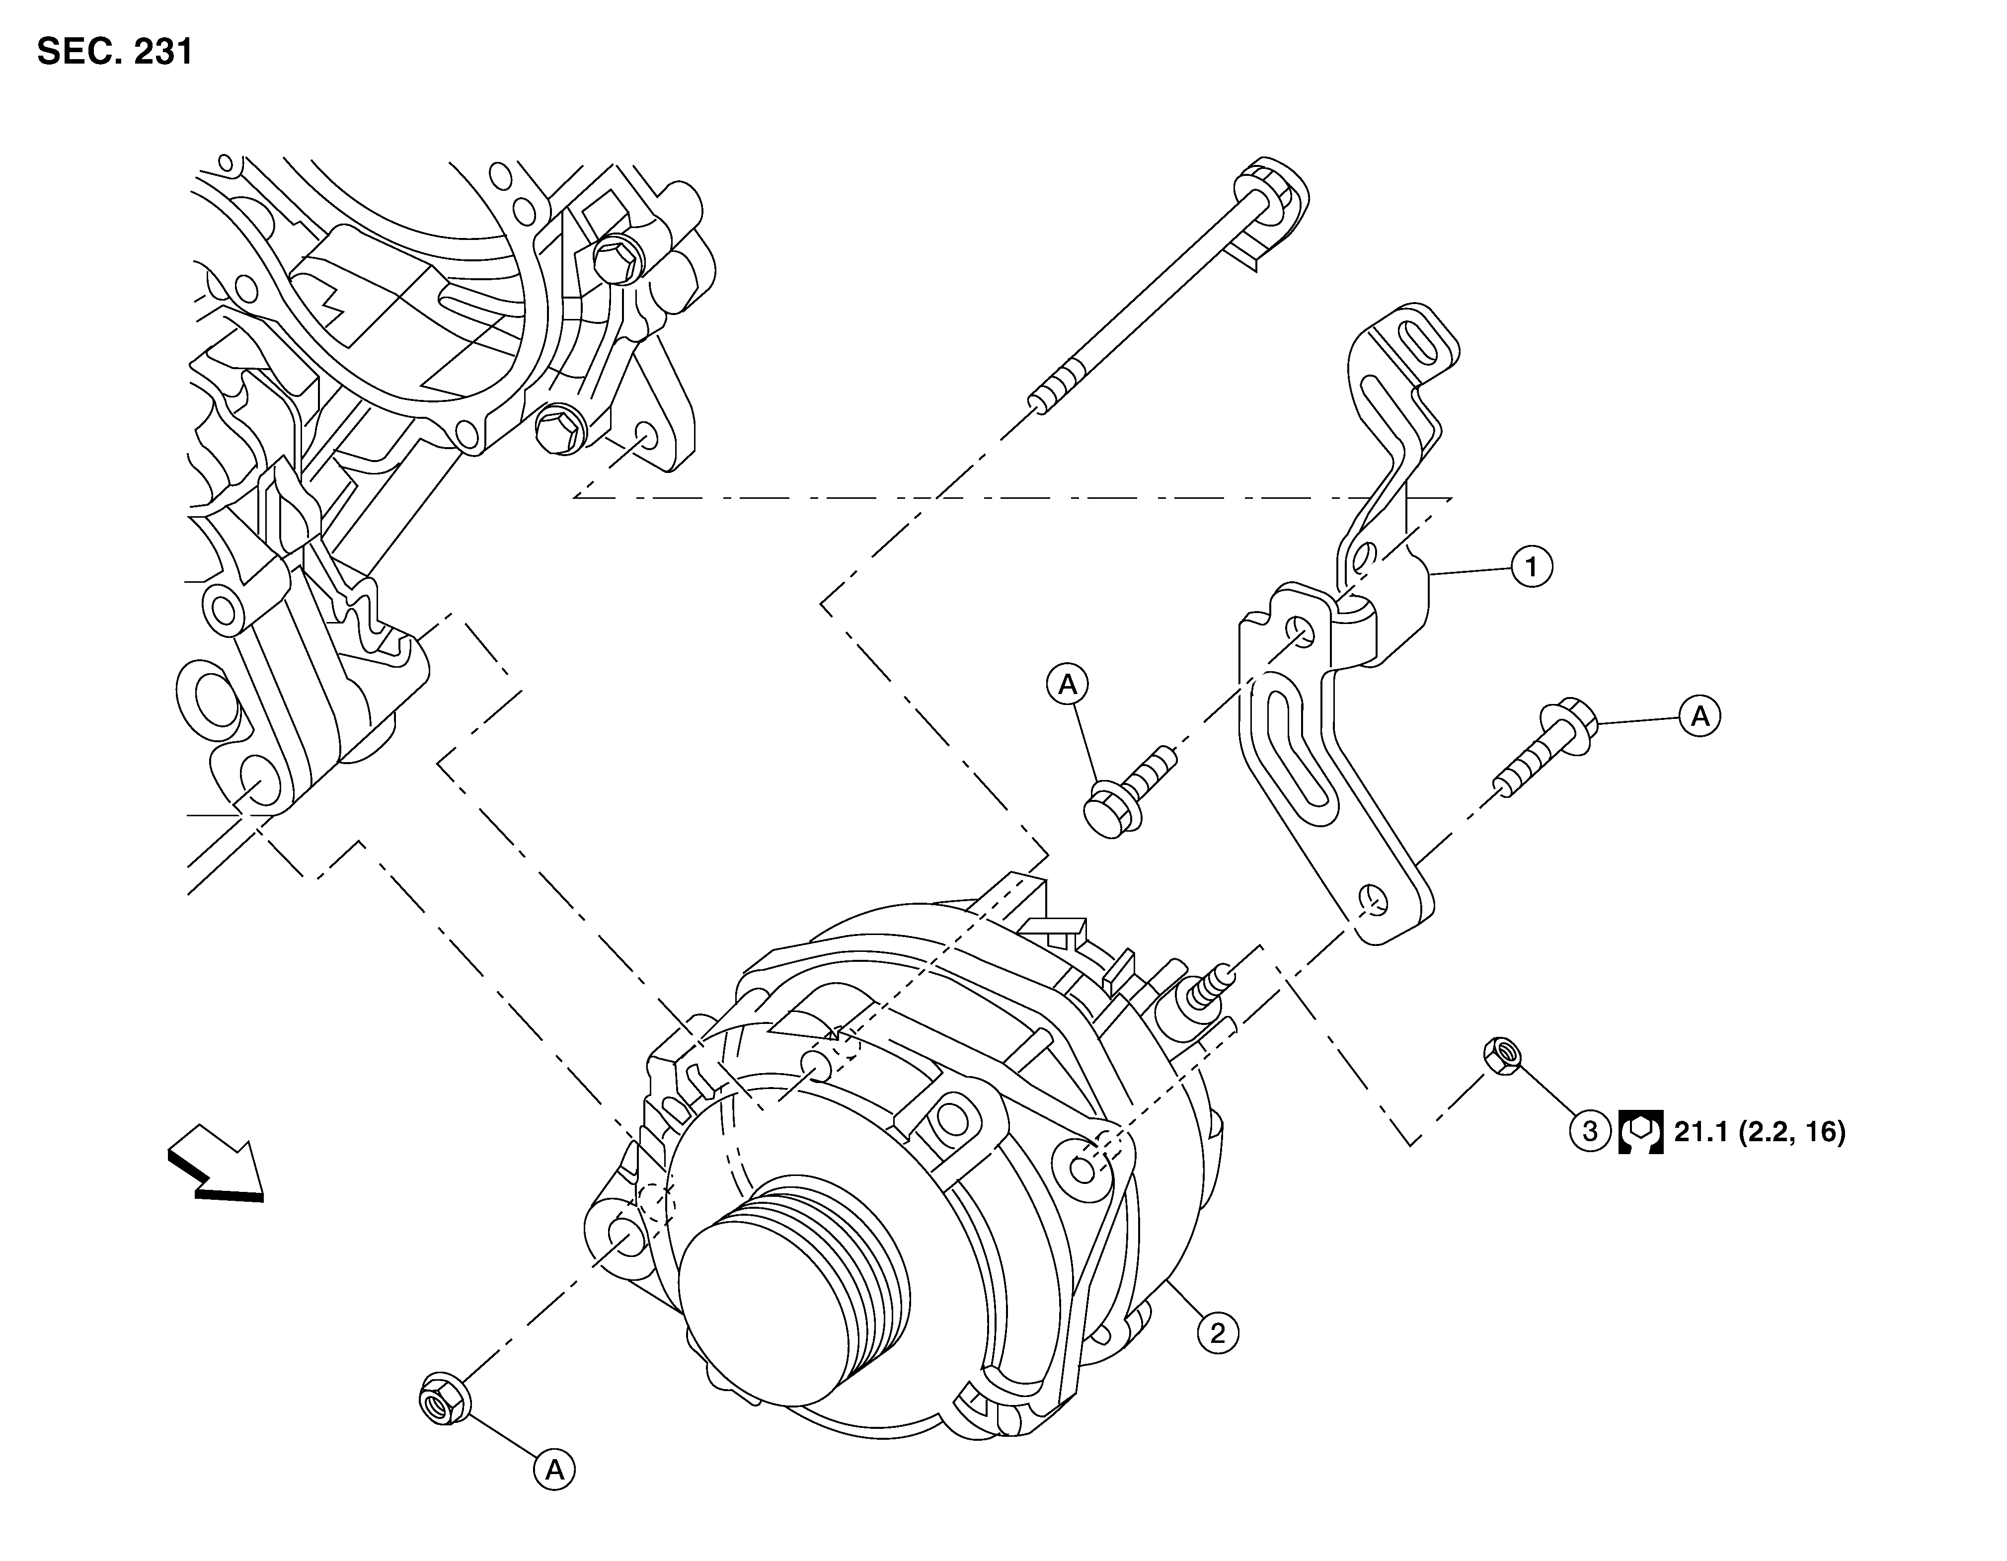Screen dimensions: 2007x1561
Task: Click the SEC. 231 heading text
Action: point(115,52)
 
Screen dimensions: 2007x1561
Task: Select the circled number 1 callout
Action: point(1532,567)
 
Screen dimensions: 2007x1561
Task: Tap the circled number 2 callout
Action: point(1218,1332)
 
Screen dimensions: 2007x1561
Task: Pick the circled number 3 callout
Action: point(1590,1132)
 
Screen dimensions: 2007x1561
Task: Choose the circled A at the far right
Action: point(1700,716)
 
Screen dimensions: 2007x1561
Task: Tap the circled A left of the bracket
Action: point(1067,684)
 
